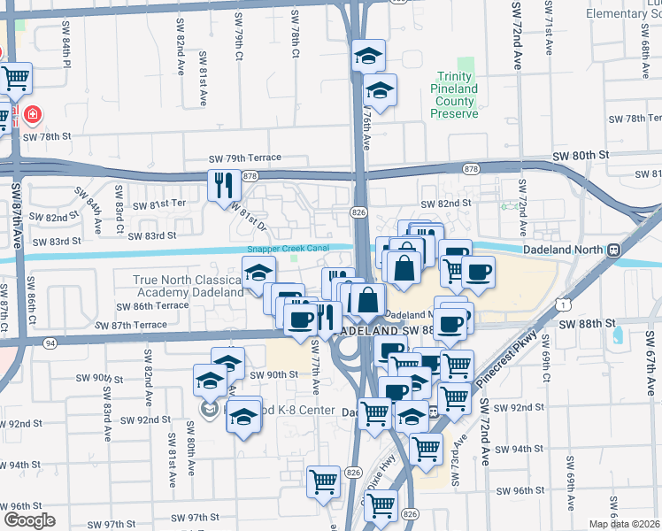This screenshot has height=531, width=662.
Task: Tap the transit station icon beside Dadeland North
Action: coord(612,250)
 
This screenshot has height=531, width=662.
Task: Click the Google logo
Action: coord(29,519)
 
